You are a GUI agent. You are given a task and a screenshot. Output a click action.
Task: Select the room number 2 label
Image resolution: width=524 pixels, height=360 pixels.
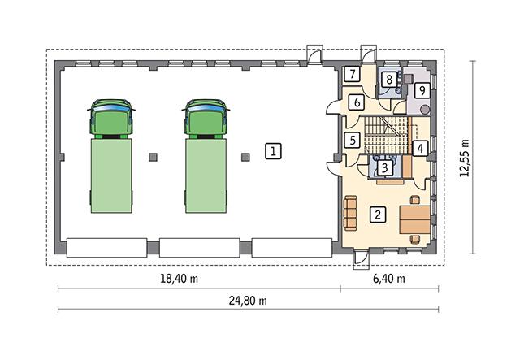(377, 215)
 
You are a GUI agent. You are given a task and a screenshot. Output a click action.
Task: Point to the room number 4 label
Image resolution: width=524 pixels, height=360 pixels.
(418, 149)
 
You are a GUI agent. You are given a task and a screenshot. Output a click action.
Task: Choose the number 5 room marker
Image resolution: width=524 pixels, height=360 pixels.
(352, 140)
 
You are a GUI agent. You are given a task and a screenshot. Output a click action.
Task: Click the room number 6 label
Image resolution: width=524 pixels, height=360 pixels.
(355, 102)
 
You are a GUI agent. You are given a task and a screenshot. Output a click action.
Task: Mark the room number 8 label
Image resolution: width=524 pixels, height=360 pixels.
(389, 80)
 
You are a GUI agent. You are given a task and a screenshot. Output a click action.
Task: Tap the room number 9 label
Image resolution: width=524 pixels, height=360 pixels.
(421, 89)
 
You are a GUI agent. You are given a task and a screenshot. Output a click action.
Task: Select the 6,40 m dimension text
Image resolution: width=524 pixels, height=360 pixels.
(389, 279)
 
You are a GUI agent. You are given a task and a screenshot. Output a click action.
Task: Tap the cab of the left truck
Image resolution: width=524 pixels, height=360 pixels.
(110, 118)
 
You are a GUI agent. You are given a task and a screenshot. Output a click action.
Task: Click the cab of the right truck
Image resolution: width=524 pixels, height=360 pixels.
(206, 118)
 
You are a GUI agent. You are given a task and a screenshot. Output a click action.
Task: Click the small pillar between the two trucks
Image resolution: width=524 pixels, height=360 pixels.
(152, 154)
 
